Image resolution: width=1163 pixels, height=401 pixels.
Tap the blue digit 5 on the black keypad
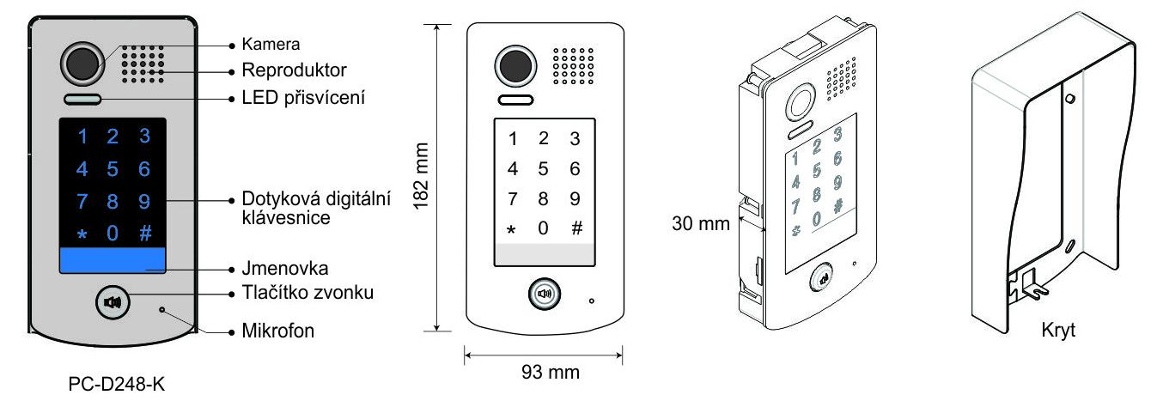pyautogui.click(x=113, y=169)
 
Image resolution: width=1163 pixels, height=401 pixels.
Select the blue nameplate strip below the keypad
pyautogui.click(x=113, y=260)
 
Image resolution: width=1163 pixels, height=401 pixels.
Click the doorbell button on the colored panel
pyautogui.click(x=113, y=302)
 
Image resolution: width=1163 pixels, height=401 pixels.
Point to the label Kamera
pyautogui.click(x=271, y=44)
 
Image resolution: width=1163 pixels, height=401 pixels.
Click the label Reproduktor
pyautogui.click(x=294, y=70)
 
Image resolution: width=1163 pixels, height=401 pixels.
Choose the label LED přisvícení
pyautogui.click(x=303, y=98)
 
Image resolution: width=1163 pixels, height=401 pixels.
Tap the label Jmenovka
pyautogui.click(x=284, y=268)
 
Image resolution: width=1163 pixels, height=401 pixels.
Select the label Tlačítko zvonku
pyautogui.click(x=307, y=293)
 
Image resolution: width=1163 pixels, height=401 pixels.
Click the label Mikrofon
pyautogui.click(x=277, y=331)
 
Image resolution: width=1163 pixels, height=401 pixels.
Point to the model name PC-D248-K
pyautogui.click(x=116, y=384)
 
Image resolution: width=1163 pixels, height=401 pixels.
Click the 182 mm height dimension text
pyautogui.click(x=421, y=176)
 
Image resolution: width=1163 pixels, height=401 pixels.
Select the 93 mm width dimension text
pyautogui.click(x=551, y=372)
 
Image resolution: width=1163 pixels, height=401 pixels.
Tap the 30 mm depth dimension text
pyautogui.click(x=700, y=223)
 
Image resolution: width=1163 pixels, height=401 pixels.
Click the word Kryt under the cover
pyautogui.click(x=1058, y=330)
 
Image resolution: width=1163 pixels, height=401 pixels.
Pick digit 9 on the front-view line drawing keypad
pyautogui.click(x=575, y=198)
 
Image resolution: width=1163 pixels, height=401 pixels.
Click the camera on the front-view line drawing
pyautogui.click(x=515, y=66)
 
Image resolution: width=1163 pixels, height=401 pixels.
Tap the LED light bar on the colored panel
pyautogui.click(x=82, y=99)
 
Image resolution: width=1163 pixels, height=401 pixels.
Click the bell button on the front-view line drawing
pyautogui.click(x=544, y=295)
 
